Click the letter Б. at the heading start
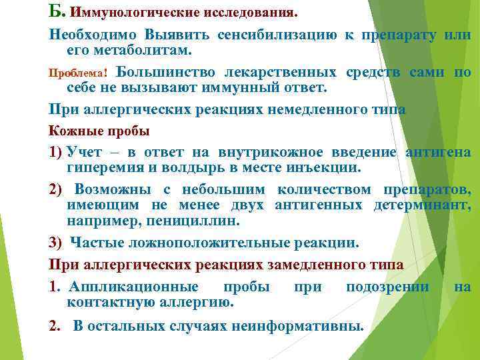click(x=57, y=11)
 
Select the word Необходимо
click(x=91, y=35)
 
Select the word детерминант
click(x=422, y=204)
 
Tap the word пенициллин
click(x=193, y=219)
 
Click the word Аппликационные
click(x=133, y=287)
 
